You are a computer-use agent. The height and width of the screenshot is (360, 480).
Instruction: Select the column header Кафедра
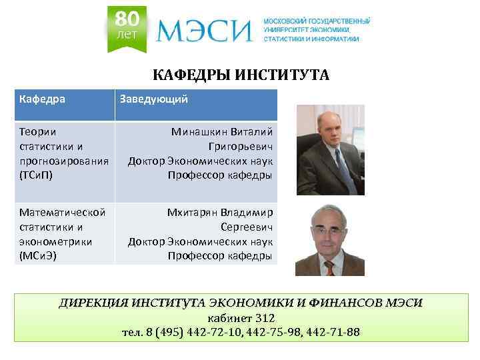42,99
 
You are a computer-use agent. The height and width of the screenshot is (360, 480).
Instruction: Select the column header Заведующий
153,99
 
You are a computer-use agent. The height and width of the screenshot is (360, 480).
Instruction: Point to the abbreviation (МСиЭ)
38,255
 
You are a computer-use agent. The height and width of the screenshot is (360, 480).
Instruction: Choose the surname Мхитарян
194,213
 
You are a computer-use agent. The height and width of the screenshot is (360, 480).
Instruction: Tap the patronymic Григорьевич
240,146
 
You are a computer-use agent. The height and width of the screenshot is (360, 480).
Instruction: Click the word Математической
63,213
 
